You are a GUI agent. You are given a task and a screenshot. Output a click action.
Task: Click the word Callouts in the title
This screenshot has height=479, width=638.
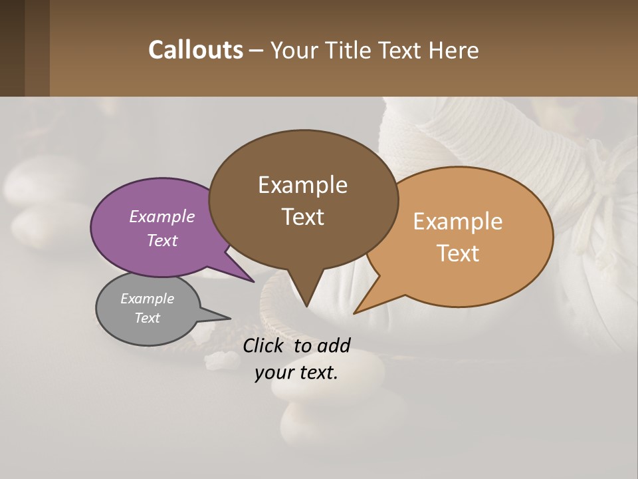(x=195, y=50)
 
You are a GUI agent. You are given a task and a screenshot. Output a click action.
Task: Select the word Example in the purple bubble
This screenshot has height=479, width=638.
(x=162, y=216)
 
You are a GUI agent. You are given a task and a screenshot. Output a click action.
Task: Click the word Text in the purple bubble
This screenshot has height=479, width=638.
(x=162, y=240)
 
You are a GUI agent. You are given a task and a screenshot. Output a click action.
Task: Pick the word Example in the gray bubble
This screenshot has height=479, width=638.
(x=147, y=299)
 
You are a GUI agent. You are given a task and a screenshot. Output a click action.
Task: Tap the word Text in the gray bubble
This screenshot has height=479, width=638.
(x=147, y=318)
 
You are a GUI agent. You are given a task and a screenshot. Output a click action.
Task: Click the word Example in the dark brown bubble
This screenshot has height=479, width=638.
(x=302, y=184)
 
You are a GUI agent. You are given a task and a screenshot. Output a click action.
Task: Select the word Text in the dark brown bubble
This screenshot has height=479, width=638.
(x=302, y=216)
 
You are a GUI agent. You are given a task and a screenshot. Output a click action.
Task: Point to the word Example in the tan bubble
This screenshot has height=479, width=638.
(x=458, y=221)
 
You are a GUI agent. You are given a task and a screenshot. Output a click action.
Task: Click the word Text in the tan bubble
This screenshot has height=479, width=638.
(x=458, y=253)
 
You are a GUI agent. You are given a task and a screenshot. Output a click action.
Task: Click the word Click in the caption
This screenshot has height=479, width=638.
(x=264, y=345)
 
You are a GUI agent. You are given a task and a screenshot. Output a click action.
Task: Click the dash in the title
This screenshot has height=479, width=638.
(x=257, y=50)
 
